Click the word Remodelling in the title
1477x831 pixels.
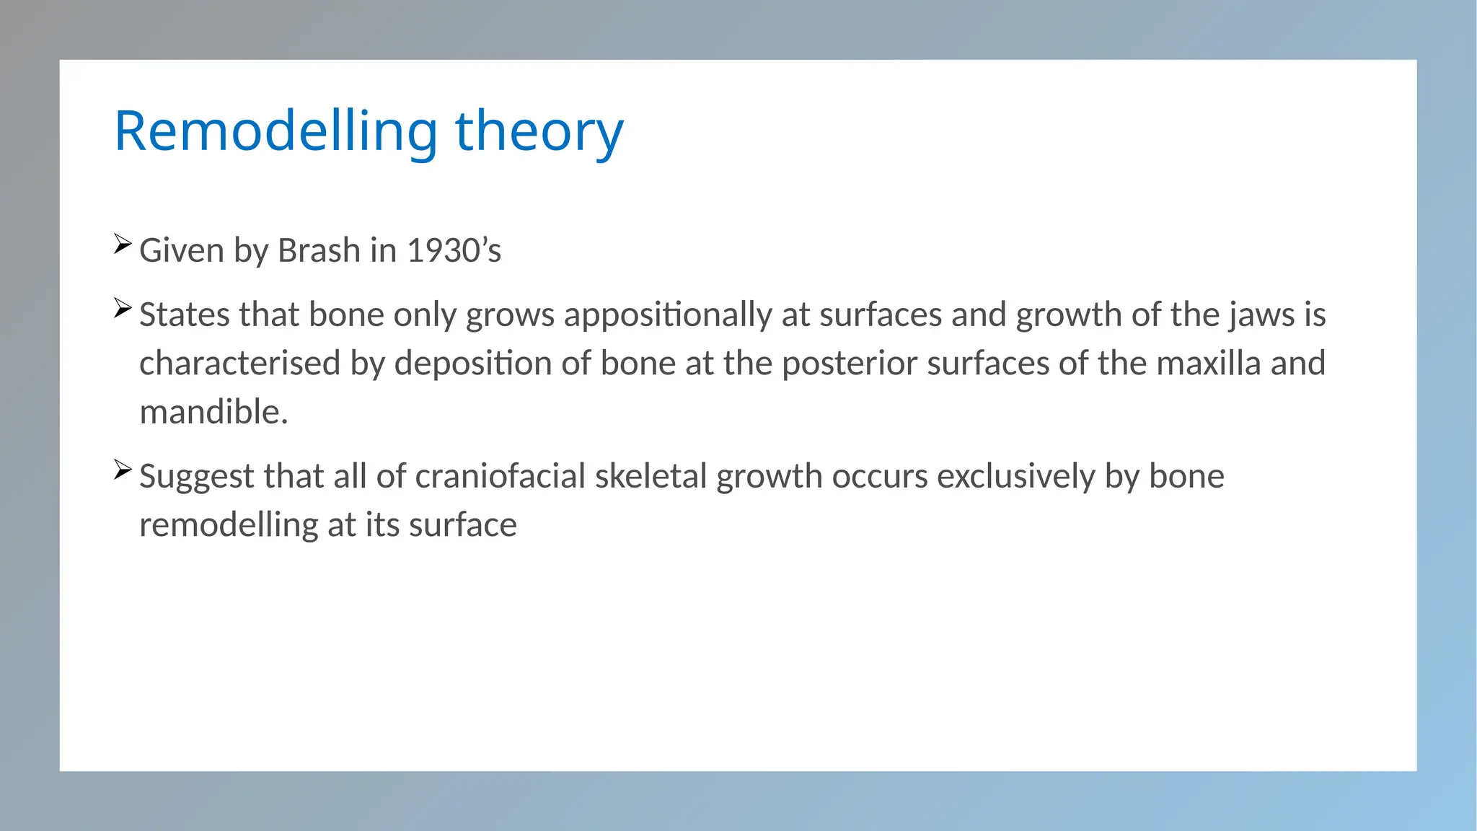pyautogui.click(x=275, y=131)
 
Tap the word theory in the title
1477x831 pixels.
pyautogui.click(x=539, y=131)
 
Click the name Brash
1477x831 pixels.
pyautogui.click(x=319, y=251)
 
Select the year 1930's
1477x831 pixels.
pyautogui.click(x=454, y=251)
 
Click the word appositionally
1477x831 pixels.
pyautogui.click(x=668, y=315)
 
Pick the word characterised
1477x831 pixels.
pyautogui.click(x=239, y=364)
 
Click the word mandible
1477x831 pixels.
pyautogui.click(x=213, y=412)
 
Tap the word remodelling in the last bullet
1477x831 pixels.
pyautogui.click(x=229, y=525)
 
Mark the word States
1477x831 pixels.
pyautogui.click(x=184, y=315)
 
